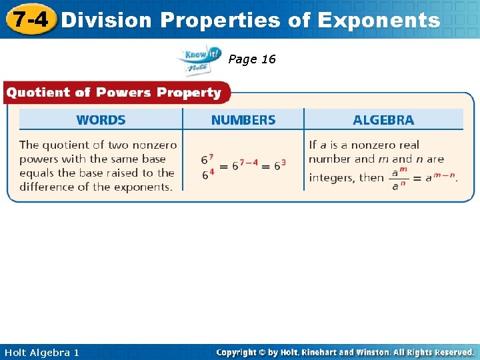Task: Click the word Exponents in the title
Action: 379,20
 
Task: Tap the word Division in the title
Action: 107,20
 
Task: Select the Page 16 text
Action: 251,59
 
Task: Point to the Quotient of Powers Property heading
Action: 113,93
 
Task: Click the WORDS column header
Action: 101,120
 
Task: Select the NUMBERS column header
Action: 243,120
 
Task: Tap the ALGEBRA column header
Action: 383,120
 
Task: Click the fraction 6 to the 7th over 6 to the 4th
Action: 207,165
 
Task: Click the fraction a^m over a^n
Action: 399,178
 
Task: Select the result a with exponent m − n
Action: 440,177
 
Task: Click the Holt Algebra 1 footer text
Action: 41,352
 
